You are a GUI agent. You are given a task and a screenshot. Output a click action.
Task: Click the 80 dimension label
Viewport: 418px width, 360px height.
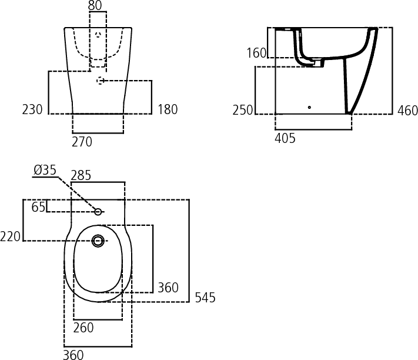(x=95, y=5)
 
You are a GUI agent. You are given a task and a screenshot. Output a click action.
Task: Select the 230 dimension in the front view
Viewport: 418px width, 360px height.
(x=32, y=109)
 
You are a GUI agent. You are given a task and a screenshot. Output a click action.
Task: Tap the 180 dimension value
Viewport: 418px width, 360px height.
(x=168, y=109)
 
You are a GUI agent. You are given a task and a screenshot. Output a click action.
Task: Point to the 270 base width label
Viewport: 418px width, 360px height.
(x=82, y=142)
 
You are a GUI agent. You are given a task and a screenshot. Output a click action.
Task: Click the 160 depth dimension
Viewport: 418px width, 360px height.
(x=256, y=53)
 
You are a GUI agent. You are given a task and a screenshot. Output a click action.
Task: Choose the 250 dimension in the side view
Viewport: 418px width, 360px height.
(x=243, y=110)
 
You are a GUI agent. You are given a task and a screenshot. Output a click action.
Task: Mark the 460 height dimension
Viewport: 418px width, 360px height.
(x=407, y=111)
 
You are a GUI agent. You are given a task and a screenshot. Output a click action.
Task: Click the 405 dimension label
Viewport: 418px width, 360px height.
(x=285, y=138)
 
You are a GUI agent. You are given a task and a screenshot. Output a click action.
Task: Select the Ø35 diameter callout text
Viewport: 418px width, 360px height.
(x=45, y=170)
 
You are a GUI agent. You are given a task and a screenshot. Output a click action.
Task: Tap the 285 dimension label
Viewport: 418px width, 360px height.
(x=81, y=175)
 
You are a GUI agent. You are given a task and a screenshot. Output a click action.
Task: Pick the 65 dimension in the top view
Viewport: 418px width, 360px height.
(x=38, y=207)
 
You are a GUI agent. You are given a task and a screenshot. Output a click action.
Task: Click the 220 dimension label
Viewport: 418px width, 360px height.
(x=10, y=236)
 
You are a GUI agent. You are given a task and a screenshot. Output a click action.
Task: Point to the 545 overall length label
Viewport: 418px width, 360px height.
(x=205, y=298)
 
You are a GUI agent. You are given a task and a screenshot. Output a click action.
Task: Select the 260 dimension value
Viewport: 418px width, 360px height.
(x=83, y=328)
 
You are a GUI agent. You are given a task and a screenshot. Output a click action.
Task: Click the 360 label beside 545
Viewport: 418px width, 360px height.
(x=168, y=288)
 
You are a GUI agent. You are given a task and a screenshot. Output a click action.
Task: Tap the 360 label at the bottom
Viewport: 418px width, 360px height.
(x=73, y=355)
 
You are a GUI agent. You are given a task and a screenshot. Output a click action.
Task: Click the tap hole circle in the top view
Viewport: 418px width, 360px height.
(x=98, y=212)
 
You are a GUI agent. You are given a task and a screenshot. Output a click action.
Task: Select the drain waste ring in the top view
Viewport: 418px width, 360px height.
(x=98, y=241)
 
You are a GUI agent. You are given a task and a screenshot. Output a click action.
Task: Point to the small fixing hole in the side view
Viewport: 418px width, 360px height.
(x=309, y=107)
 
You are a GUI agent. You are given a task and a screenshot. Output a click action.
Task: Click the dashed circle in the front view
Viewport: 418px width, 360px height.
(x=100, y=81)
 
